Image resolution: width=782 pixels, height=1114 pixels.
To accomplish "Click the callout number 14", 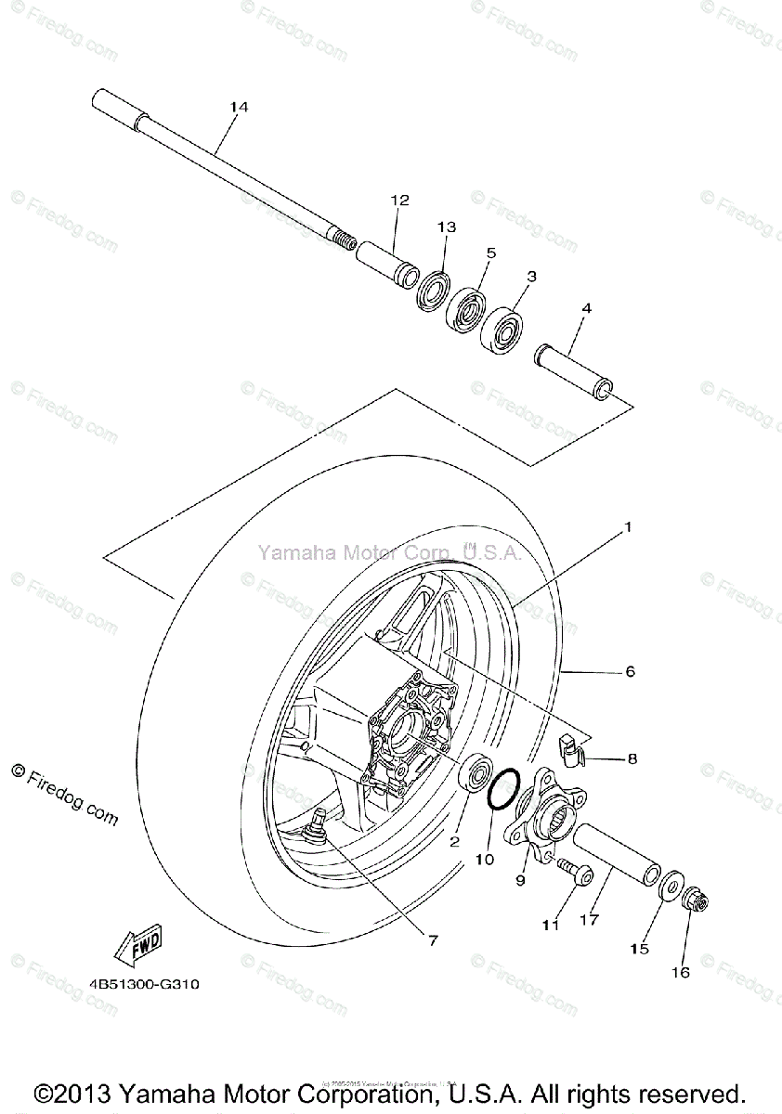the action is coord(239,108).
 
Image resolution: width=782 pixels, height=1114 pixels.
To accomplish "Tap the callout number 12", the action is coord(399,201).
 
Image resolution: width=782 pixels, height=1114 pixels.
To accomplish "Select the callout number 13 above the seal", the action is coord(448,227).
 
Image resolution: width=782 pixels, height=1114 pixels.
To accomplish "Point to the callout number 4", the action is coord(586,308).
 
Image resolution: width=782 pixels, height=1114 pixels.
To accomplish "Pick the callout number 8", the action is coord(632,758).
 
